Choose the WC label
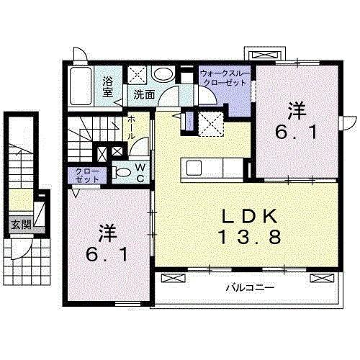click(142, 172)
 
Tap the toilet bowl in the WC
click(122, 172)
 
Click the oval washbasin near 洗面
click(163, 73)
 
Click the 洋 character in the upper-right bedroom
click(296, 112)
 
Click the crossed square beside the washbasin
click(138, 73)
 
